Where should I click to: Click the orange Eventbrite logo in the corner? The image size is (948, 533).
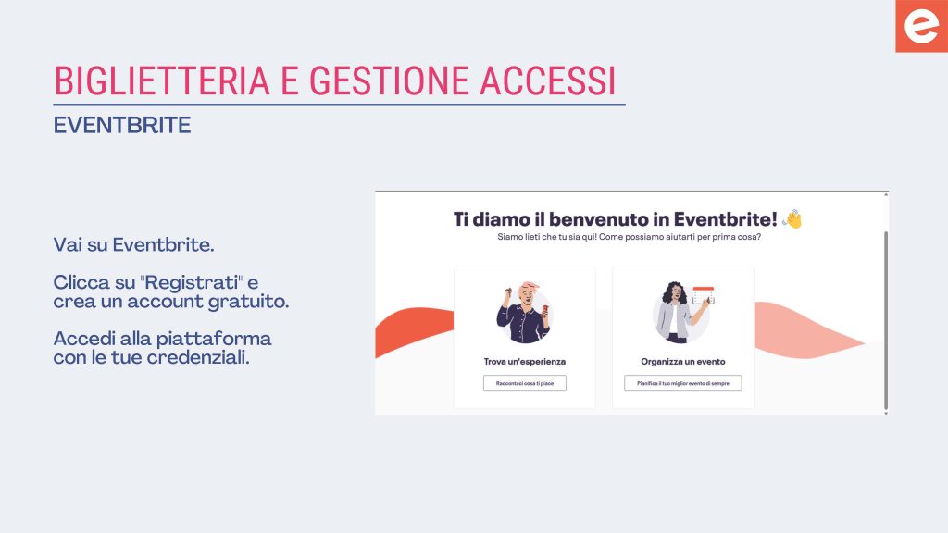tap(921, 26)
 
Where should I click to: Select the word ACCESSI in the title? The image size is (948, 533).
tap(548, 81)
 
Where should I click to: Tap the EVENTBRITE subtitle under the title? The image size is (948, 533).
tap(122, 125)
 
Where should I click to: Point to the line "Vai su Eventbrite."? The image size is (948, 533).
tap(133, 244)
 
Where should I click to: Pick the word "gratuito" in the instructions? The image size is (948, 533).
tap(248, 301)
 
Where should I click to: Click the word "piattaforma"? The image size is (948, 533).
tap(214, 339)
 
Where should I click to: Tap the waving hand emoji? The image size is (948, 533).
tap(792, 218)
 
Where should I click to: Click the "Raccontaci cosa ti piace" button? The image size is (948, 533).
tap(525, 383)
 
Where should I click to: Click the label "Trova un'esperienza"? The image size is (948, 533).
tap(525, 362)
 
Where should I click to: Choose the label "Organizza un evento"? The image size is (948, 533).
tap(683, 362)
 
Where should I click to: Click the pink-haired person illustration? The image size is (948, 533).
tap(524, 312)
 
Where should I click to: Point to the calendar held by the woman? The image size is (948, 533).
tap(704, 295)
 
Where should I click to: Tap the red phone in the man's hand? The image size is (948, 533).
tap(544, 309)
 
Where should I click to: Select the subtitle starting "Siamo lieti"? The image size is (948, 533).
tap(629, 237)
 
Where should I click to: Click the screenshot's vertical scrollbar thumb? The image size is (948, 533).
tap(886, 320)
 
